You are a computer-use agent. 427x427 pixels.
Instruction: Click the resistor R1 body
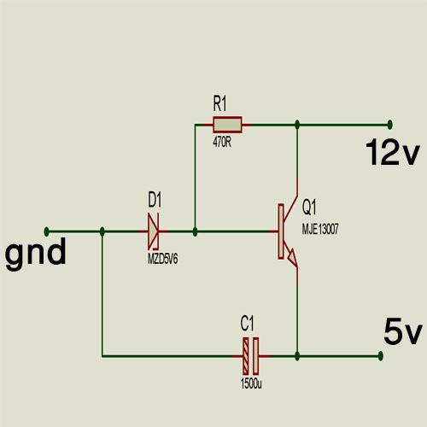pyautogui.click(x=227, y=125)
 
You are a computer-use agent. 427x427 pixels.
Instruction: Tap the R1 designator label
pyautogui.click(x=219, y=103)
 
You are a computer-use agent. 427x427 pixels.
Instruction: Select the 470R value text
pyautogui.click(x=222, y=143)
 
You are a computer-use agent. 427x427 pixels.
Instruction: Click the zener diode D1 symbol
pyautogui.click(x=154, y=231)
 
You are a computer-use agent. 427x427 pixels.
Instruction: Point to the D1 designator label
pyautogui.click(x=155, y=200)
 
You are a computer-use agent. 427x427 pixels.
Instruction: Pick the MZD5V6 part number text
pyautogui.click(x=162, y=259)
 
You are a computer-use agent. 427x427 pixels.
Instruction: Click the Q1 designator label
pyautogui.click(x=309, y=207)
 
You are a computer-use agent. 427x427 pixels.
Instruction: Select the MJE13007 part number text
pyautogui.click(x=320, y=229)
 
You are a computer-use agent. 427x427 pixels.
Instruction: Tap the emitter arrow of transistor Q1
pyautogui.click(x=292, y=256)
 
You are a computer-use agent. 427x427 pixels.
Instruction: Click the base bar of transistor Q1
pyautogui.click(x=281, y=231)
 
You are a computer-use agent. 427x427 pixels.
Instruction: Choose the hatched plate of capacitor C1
pyautogui.click(x=246, y=356)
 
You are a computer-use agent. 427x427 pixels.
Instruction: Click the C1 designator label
pyautogui.click(x=247, y=324)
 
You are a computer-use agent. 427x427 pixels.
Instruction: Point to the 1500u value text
pyautogui.click(x=251, y=383)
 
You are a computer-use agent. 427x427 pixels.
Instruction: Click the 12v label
pyautogui.click(x=393, y=152)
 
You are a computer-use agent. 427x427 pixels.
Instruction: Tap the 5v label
pyautogui.click(x=402, y=331)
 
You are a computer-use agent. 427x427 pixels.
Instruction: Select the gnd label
pyautogui.click(x=36, y=254)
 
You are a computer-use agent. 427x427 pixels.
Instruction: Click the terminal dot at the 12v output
pyautogui.click(x=390, y=125)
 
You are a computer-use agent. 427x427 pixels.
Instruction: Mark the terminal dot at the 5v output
pyautogui.click(x=381, y=356)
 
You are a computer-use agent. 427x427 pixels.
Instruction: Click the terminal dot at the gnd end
pyautogui.click(x=47, y=231)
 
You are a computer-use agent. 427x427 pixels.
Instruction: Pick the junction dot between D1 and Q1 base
pyautogui.click(x=195, y=231)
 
